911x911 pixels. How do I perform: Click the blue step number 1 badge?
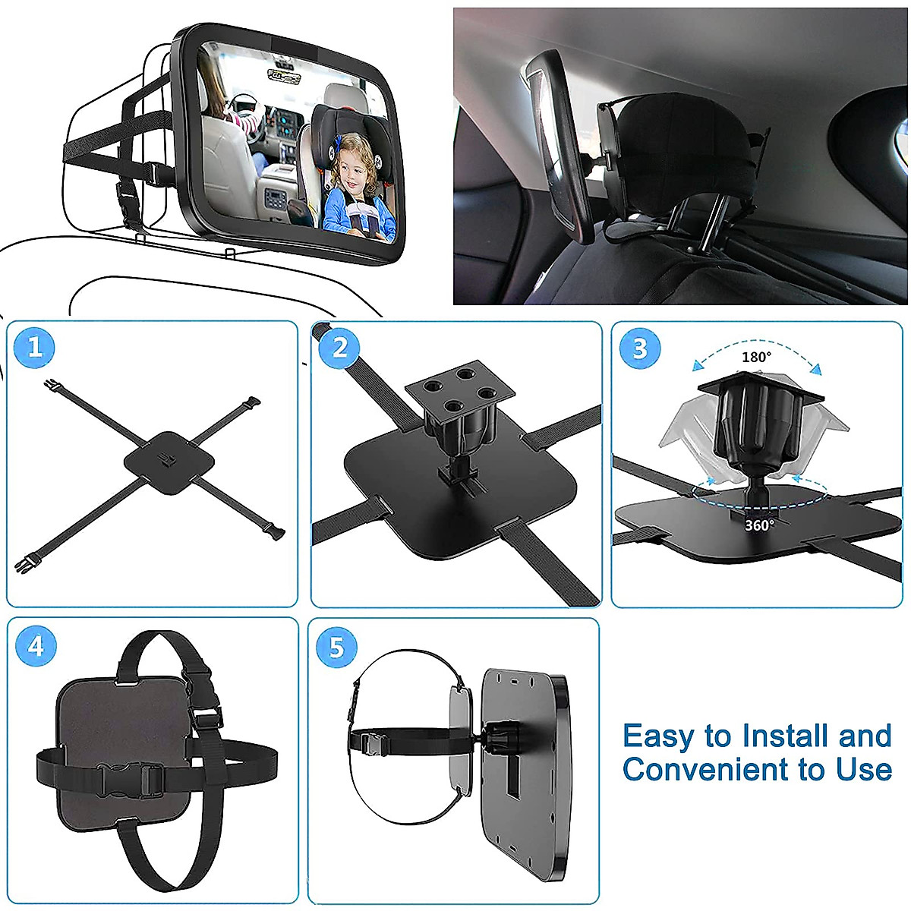(x=35, y=348)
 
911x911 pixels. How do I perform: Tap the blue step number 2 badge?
(x=339, y=348)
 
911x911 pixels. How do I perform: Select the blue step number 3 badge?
(x=640, y=348)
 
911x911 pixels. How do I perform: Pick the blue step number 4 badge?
(x=36, y=646)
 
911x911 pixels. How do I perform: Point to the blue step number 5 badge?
(x=337, y=648)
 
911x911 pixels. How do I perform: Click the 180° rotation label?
(x=756, y=357)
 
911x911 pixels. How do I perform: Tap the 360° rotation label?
(x=759, y=525)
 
